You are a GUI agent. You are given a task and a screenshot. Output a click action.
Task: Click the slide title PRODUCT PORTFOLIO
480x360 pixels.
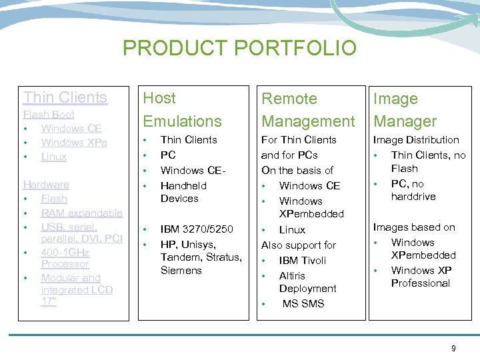tap(239, 48)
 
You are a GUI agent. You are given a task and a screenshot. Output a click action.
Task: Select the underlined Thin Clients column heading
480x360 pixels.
tap(65, 97)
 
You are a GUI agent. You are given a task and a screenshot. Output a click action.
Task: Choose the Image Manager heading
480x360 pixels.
tap(405, 110)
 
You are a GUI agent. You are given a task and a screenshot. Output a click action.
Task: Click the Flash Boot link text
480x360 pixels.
tap(49, 115)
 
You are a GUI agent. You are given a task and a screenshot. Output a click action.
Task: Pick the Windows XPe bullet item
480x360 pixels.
tap(74, 143)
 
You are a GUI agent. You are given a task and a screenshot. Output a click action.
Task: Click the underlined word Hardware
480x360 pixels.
tap(46, 185)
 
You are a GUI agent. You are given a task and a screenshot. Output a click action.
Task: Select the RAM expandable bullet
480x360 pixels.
tap(81, 213)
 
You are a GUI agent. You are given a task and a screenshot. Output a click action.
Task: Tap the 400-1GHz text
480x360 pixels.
tap(65, 253)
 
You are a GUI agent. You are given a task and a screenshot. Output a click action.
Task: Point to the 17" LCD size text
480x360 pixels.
tap(49, 302)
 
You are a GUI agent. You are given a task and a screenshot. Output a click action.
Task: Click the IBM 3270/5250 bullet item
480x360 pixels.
tap(197, 229)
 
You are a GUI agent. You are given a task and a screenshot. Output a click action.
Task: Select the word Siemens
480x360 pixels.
tap(181, 271)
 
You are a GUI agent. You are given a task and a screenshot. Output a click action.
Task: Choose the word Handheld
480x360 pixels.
tap(183, 186)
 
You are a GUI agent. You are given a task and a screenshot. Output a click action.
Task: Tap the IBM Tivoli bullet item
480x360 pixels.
tap(302, 260)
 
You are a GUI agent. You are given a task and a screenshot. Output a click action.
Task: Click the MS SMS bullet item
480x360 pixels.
tap(303, 304)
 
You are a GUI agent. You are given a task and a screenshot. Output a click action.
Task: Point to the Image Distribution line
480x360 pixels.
tap(416, 140)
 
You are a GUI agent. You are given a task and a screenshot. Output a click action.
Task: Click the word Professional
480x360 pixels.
tap(420, 283)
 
